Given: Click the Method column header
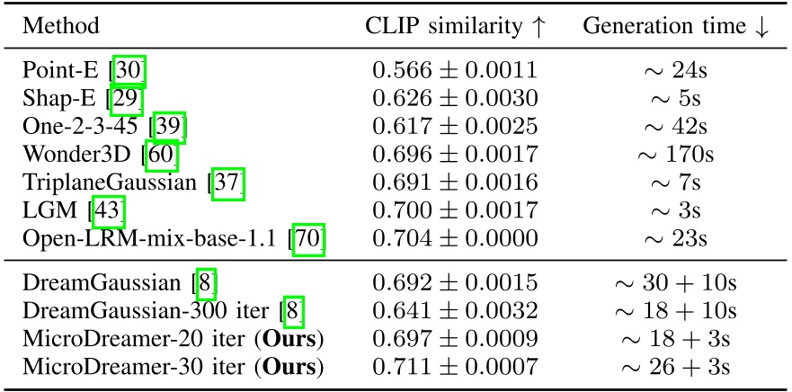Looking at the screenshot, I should (x=59, y=25).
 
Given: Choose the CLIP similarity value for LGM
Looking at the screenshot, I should (x=455, y=211).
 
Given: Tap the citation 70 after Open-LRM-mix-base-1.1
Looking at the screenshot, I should (x=307, y=239).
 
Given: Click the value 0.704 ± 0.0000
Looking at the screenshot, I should (x=455, y=239).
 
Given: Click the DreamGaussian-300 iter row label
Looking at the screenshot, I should (x=147, y=311).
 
